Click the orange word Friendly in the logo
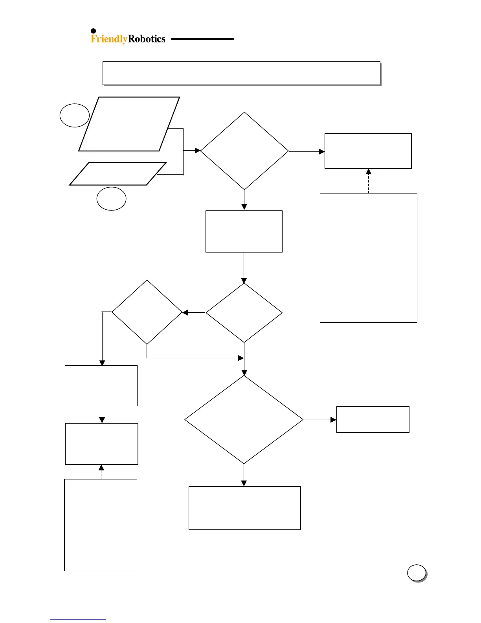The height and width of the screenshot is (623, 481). (x=109, y=39)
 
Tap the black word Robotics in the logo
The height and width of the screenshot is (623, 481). (x=147, y=39)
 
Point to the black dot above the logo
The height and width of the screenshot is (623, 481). (x=94, y=31)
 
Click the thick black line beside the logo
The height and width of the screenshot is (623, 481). (x=202, y=39)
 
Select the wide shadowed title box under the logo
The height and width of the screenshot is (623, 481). (x=241, y=73)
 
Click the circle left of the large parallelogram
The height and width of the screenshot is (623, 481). (x=74, y=115)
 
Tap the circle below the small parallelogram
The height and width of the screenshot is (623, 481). (x=111, y=199)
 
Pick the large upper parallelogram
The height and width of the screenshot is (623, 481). (x=129, y=124)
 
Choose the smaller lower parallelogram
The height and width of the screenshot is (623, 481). (x=118, y=173)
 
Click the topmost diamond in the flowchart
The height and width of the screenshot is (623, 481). (x=244, y=151)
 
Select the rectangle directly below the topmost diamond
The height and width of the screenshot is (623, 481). (x=244, y=231)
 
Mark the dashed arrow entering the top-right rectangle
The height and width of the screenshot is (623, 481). (x=369, y=181)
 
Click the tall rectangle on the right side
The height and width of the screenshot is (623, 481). (x=369, y=258)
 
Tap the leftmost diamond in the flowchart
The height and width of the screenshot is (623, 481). (x=147, y=312)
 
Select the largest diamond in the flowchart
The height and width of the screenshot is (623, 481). (x=244, y=420)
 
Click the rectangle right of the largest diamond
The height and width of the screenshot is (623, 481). (x=373, y=420)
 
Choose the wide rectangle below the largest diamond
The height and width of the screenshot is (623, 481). (x=244, y=508)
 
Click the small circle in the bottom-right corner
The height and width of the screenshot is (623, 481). (x=417, y=573)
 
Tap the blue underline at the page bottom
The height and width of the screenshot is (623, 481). (x=77, y=619)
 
